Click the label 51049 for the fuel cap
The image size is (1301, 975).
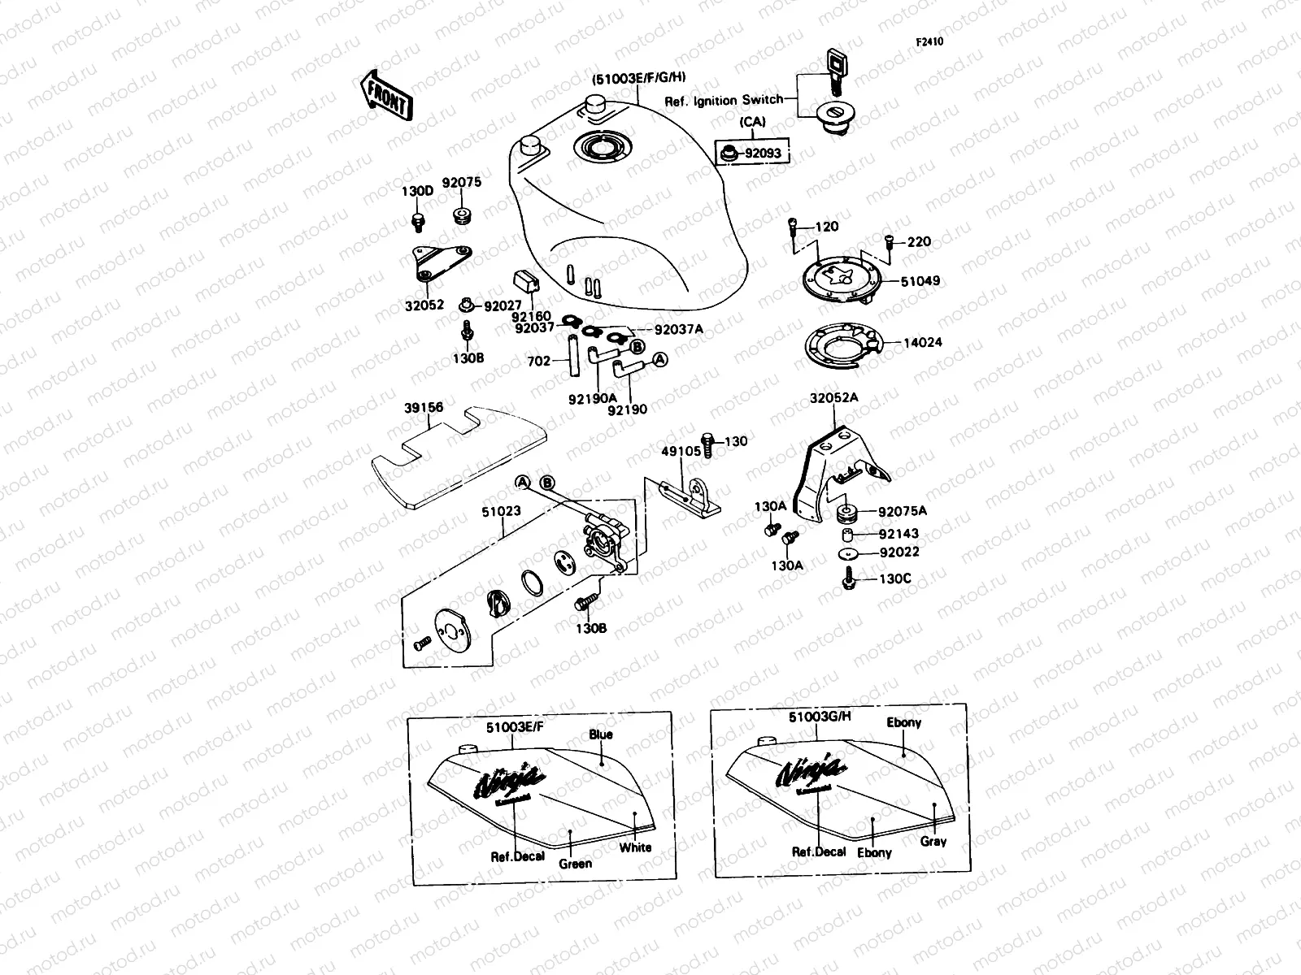point(920,281)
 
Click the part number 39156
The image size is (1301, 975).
point(424,408)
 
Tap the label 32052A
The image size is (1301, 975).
point(833,398)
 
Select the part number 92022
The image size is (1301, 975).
point(900,552)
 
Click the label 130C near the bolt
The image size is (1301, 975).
point(896,579)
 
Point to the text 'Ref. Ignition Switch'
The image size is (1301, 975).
point(724,101)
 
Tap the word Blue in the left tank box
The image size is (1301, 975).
point(600,734)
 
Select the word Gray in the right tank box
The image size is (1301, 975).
point(933,842)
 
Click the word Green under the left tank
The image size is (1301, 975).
point(575,864)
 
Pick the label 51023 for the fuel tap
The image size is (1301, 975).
point(501,512)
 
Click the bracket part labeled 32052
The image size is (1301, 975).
point(440,262)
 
